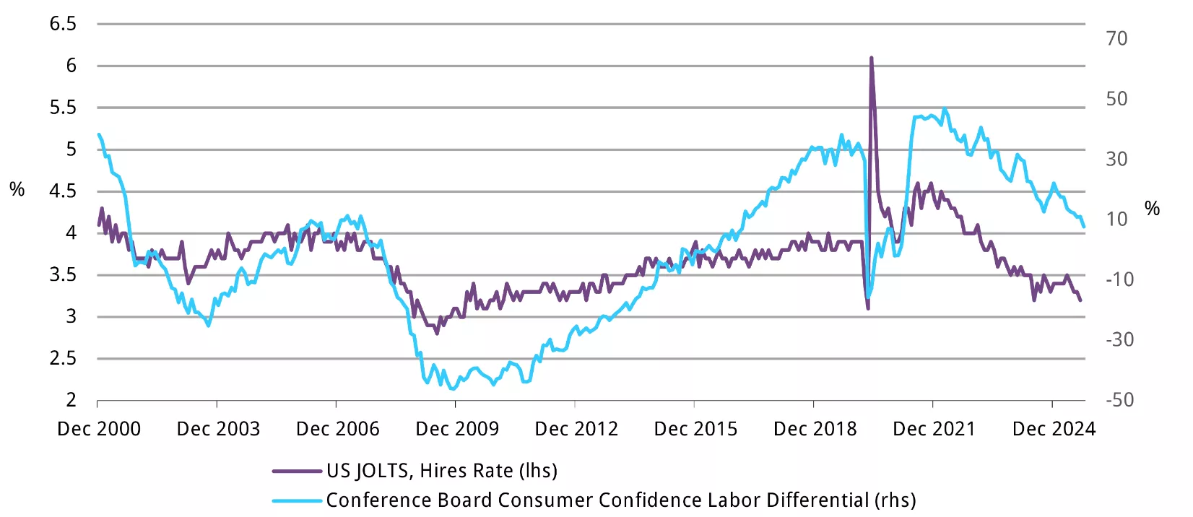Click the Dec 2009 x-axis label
457,429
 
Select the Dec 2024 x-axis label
1054,429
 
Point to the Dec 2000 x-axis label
99,429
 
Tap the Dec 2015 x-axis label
695,429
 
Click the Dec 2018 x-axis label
815,429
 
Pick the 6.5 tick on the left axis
63,24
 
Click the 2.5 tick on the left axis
63,358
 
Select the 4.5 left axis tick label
63,191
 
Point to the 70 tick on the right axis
1116,38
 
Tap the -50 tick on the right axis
1119,399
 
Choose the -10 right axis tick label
1119,279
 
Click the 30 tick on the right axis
1116,159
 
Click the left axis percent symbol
17,190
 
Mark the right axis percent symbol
1152,209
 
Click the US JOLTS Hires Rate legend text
441,471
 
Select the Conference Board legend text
620,500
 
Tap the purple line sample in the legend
296,472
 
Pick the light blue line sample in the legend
296,500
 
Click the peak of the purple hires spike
871,58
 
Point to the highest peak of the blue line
945,110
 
